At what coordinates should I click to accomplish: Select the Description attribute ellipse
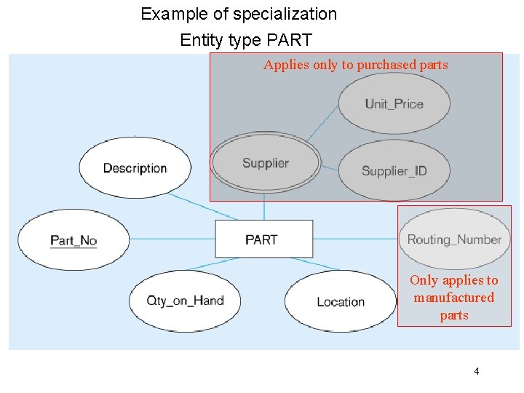click(135, 168)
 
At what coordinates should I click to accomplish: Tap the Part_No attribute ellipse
click(73, 239)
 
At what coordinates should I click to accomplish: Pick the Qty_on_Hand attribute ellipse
click(185, 301)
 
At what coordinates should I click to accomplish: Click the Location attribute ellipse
click(340, 301)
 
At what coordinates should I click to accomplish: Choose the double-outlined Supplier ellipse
click(265, 163)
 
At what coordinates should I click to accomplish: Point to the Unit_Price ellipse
click(394, 103)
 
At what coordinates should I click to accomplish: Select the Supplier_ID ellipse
click(394, 170)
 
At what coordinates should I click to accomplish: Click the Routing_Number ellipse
click(454, 239)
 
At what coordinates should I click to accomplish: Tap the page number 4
click(477, 371)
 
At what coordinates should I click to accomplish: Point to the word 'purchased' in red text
click(386, 65)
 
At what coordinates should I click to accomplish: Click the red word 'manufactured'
click(454, 298)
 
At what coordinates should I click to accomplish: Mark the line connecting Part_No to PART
click(172, 239)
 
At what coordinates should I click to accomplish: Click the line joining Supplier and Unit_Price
click(321, 123)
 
